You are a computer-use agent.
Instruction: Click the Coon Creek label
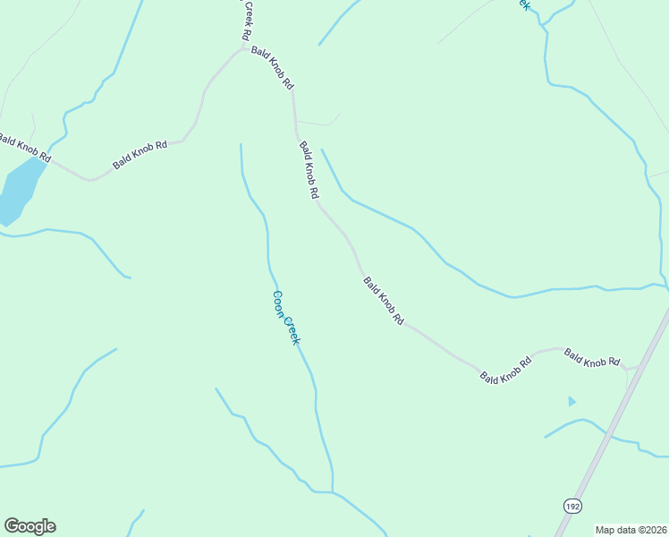click(x=286, y=318)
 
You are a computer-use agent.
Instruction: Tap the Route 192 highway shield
click(x=572, y=506)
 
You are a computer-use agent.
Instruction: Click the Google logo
click(x=30, y=526)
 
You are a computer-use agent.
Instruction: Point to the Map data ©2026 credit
click(x=631, y=530)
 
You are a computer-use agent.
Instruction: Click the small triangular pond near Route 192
click(x=572, y=401)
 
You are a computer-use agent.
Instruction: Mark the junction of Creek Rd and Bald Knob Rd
click(x=243, y=47)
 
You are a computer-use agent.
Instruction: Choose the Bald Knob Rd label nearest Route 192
click(x=592, y=359)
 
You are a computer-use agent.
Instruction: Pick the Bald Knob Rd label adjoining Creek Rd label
click(x=273, y=67)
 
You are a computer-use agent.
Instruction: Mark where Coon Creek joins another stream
click(x=333, y=491)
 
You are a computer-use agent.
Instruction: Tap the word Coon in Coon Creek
click(x=279, y=304)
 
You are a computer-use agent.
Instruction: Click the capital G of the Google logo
click(x=12, y=526)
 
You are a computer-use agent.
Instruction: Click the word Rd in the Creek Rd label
click(x=244, y=33)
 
